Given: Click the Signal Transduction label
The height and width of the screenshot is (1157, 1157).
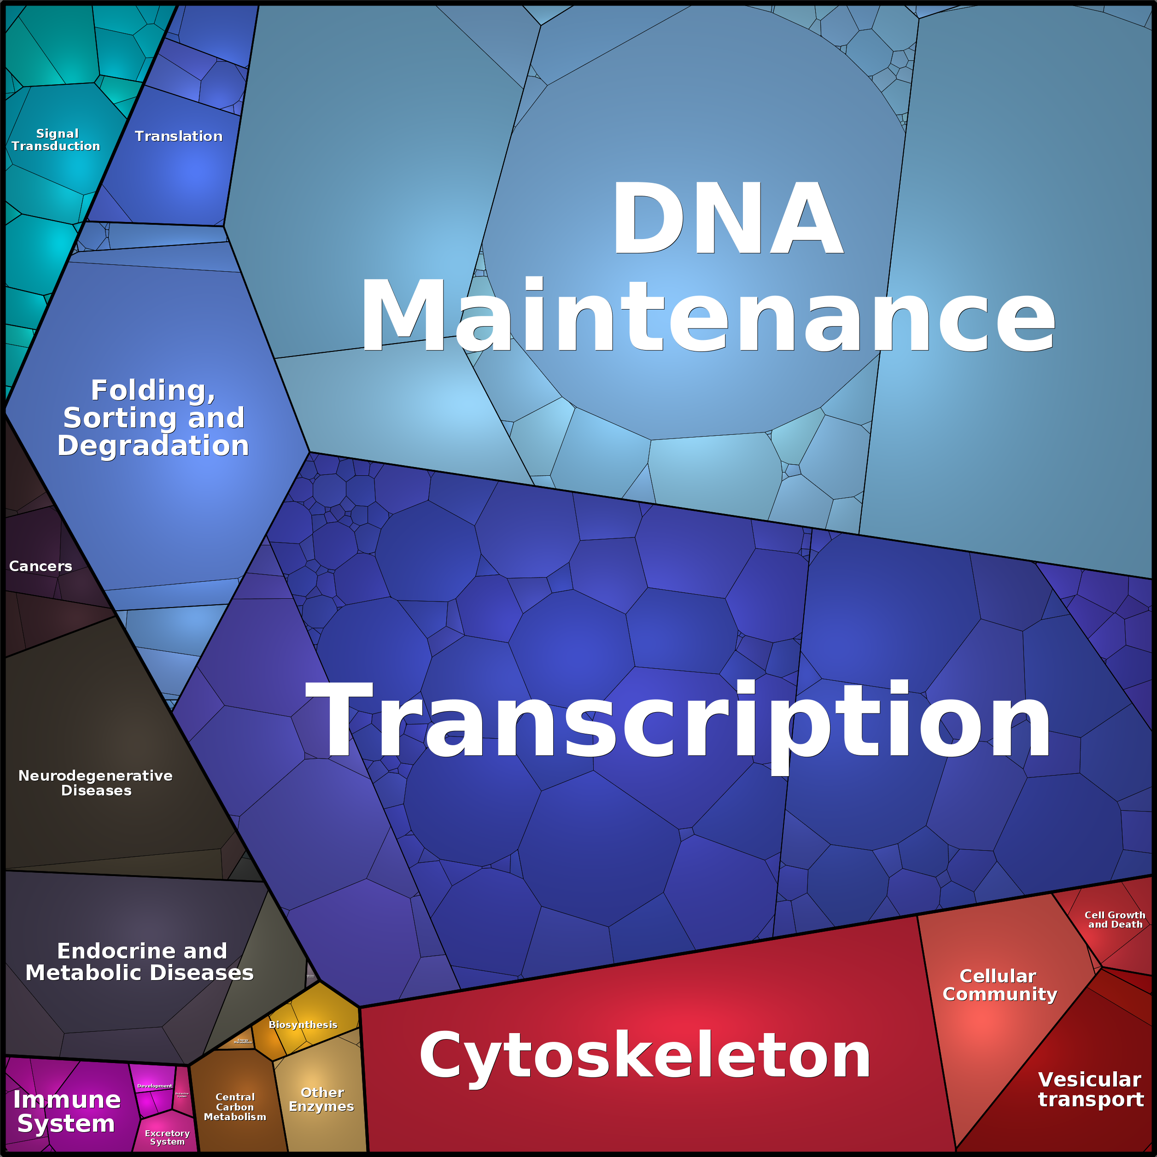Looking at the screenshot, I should [56, 140].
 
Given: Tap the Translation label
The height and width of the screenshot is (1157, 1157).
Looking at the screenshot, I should [178, 136].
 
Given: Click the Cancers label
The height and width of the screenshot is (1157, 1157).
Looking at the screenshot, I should [40, 566].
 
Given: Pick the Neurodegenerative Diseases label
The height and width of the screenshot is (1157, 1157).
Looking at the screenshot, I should [96, 783].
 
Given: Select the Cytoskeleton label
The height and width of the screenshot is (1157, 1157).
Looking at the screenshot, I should [644, 1056].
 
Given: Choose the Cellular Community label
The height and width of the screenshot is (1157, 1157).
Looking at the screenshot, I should [999, 985].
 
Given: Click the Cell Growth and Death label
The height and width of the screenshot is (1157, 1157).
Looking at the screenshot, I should [1115, 919].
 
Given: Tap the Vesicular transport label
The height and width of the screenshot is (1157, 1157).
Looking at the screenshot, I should [1091, 1089].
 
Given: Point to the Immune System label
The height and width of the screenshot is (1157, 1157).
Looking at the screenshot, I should [66, 1111].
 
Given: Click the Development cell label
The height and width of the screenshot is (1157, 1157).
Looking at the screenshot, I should [154, 1086].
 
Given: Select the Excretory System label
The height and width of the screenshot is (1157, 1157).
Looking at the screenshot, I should [167, 1137].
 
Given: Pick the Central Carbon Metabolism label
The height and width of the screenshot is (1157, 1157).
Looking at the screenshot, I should [235, 1107].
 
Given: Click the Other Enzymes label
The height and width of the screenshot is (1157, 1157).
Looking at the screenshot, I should [321, 1099].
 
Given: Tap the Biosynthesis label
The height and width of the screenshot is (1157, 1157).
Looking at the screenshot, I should [303, 1025].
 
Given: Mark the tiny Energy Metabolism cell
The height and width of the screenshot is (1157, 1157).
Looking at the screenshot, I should [243, 1041].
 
